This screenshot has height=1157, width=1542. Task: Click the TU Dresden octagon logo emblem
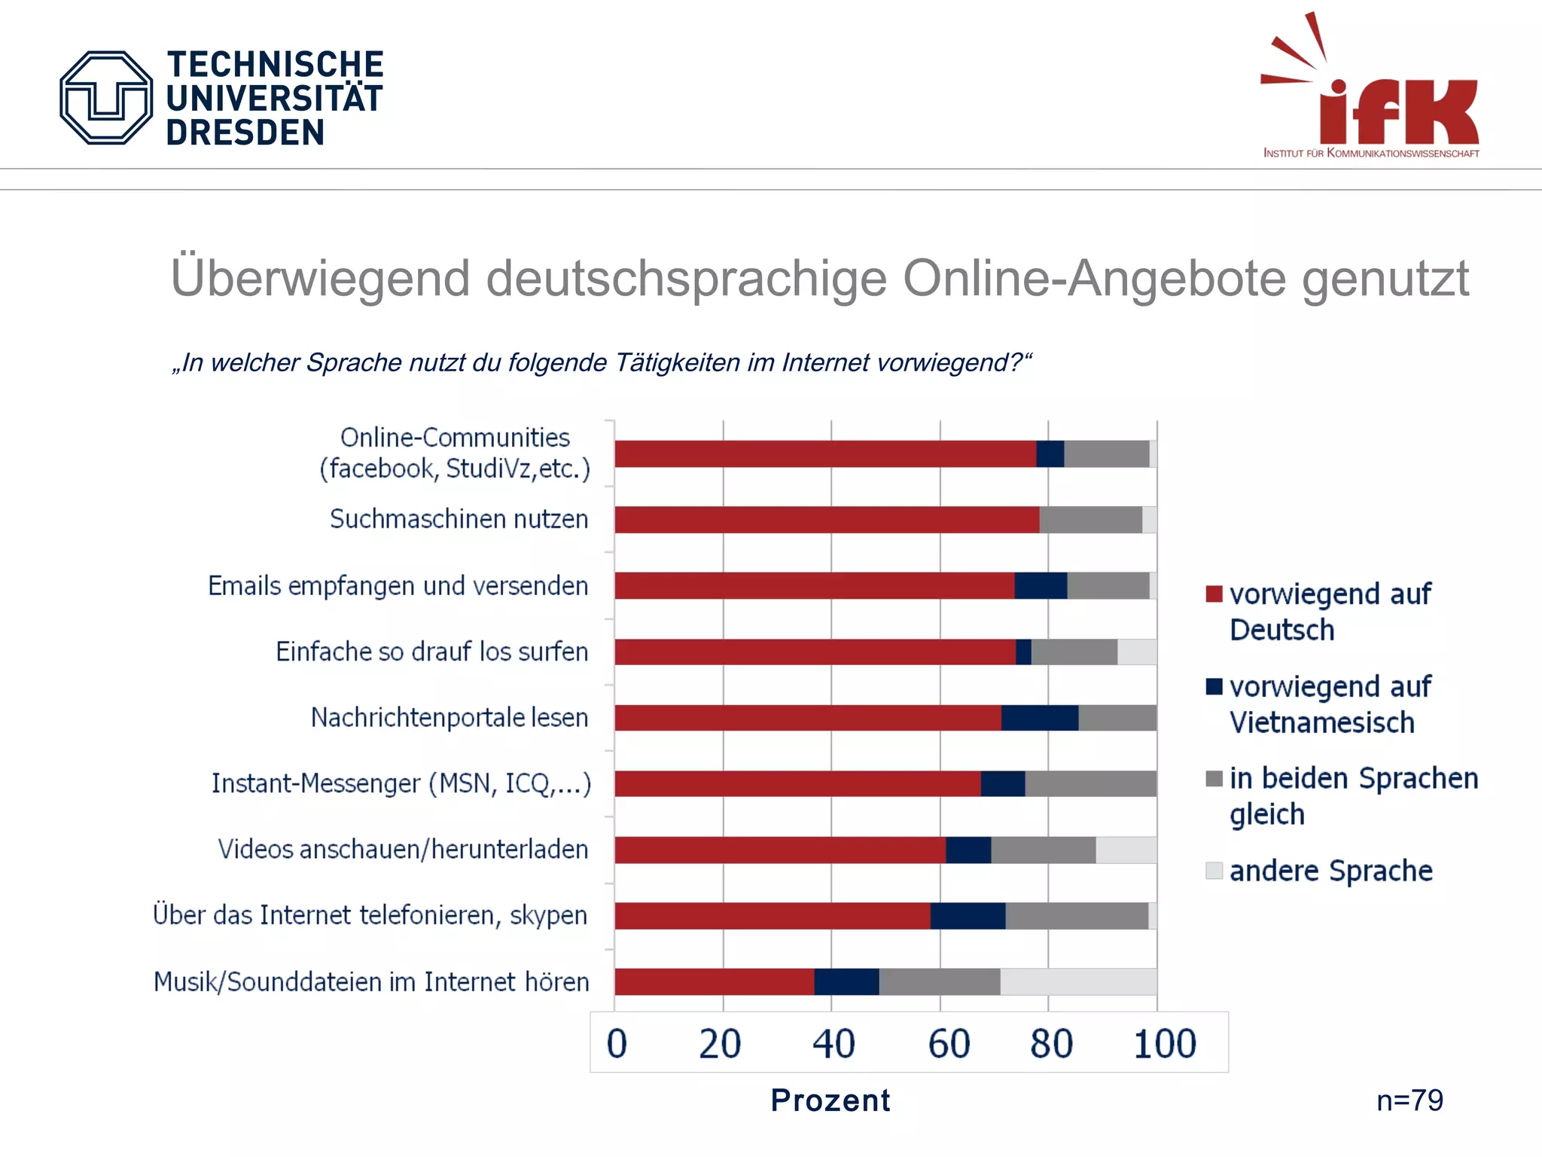(106, 98)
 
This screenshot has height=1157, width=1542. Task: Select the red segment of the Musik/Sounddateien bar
(714, 981)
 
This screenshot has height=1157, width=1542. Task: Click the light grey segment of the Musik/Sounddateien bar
(1078, 981)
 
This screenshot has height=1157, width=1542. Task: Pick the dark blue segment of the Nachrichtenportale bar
(1039, 718)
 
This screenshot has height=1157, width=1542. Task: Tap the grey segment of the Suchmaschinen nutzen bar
(1090, 520)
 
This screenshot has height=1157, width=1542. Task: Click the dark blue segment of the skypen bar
(968, 915)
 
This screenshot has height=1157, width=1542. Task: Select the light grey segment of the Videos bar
(1126, 850)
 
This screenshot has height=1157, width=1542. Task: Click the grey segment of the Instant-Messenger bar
(1090, 783)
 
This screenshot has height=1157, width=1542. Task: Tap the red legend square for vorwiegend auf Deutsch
(1214, 594)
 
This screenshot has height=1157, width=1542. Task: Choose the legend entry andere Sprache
(1330, 871)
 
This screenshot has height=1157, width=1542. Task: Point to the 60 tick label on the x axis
(948, 1044)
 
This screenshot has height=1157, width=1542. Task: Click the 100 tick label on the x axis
(1164, 1044)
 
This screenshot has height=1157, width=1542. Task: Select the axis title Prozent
(830, 1101)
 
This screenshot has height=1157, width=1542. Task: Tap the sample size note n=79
(1409, 1101)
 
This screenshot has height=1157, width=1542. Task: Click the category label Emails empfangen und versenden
(398, 586)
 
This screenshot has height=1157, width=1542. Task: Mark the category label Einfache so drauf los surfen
(431, 652)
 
